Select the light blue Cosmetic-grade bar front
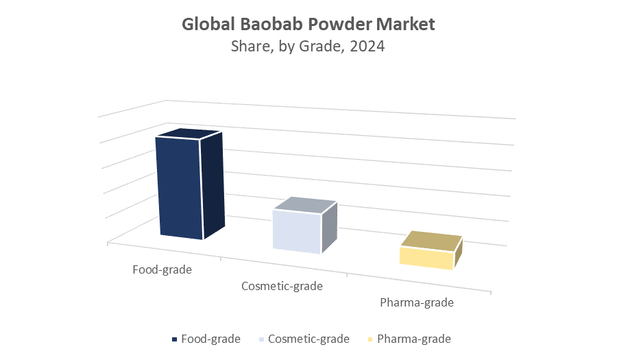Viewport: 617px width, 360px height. [297, 232]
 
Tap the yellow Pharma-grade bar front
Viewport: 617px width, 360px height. [426, 258]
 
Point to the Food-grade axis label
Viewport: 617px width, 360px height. [162, 269]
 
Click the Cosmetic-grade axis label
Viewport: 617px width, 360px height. [282, 286]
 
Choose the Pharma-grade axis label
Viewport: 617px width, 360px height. [417, 302]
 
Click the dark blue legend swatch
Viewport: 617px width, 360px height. [174, 339]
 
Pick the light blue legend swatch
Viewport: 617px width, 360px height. [262, 339]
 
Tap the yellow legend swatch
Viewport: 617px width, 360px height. [370, 339]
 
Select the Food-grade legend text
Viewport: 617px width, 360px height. [210, 339]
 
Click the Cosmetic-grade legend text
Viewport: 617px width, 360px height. [308, 339]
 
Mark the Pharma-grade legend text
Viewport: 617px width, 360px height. [414, 339]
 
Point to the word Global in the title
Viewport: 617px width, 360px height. [208, 24]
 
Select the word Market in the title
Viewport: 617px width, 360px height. [405, 24]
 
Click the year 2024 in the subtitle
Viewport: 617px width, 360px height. [367, 47]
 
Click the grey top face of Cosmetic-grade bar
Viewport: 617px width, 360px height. [305, 206]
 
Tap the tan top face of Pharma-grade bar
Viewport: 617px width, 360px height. [431, 241]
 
